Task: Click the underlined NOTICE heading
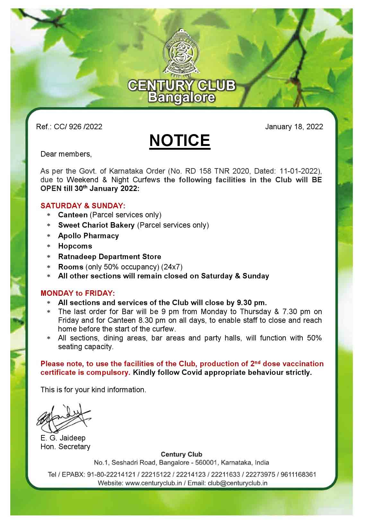(179, 141)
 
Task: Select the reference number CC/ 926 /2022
(78, 127)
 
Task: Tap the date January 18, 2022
(294, 127)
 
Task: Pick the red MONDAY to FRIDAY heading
(77, 293)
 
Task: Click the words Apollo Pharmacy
(88, 236)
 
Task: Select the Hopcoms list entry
(75, 246)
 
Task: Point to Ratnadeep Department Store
(109, 257)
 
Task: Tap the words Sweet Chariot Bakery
(96, 225)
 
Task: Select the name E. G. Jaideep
(63, 438)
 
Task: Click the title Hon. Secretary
(65, 447)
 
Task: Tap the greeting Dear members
(66, 154)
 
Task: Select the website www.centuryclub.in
(154, 483)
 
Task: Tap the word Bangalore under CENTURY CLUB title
(181, 98)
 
